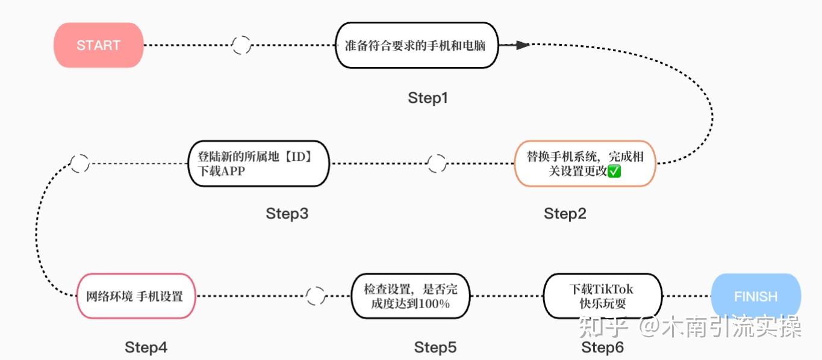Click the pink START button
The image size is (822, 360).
pos(99,45)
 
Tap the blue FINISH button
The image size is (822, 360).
pos(756,296)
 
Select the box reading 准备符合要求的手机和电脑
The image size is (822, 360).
pos(417,45)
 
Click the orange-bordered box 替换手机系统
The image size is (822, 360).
pos(584,164)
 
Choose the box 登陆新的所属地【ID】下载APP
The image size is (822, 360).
pos(259,164)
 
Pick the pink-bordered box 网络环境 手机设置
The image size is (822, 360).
pos(136,296)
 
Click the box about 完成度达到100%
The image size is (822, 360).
pos(409,296)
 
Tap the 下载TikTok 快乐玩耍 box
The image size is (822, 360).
pos(602,296)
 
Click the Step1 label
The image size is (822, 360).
pos(428,98)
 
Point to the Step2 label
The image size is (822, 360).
pos(565,214)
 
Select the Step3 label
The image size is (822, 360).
pos(287,214)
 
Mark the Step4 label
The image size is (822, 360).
pos(146,347)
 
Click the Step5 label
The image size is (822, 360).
pos(435,347)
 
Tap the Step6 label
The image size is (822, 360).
pos(602,347)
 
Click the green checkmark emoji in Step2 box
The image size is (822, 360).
pos(614,172)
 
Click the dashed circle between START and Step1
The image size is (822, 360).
pos(241,45)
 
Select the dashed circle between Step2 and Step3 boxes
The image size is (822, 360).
pos(437,164)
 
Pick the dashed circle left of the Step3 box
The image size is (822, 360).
pos(79,164)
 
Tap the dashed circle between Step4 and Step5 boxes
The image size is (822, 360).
pos(315,296)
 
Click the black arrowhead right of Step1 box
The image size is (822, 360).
pos(522,45)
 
